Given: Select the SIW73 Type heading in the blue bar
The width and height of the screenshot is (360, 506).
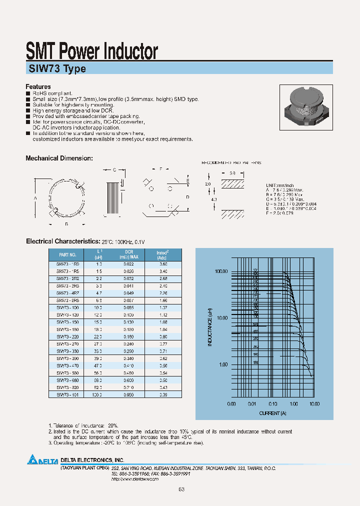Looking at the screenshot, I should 55,69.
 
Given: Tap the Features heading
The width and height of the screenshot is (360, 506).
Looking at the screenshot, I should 38,86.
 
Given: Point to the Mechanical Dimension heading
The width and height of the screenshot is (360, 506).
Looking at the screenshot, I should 59,158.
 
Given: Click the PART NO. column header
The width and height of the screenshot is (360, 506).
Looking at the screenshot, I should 67,254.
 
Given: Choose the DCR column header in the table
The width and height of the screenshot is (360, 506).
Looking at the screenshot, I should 128,254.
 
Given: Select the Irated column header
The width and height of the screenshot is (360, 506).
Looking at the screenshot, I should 163,254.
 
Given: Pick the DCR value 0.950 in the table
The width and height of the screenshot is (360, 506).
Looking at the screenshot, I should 128,394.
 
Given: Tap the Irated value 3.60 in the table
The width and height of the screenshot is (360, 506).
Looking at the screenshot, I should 162,263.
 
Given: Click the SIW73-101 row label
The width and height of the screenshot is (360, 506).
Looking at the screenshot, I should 67,394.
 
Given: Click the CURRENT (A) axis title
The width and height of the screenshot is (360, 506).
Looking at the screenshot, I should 273,413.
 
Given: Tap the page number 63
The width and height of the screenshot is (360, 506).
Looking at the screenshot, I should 181,489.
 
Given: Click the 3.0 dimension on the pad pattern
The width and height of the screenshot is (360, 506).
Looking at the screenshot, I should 232,173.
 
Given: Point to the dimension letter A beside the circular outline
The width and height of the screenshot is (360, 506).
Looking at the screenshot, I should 35,197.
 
